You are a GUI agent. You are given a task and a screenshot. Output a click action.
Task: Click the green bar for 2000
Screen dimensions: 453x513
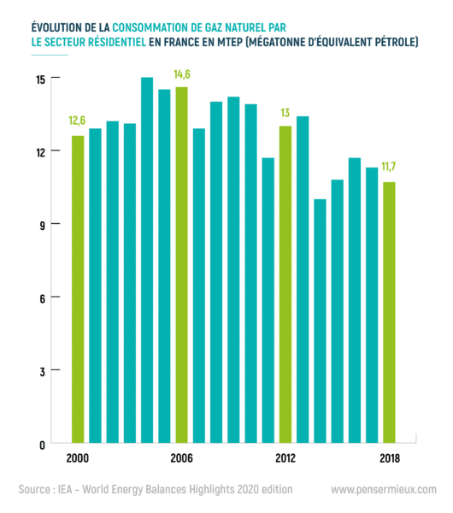point(78,289)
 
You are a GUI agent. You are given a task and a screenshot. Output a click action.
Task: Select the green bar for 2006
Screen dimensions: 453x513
point(181,265)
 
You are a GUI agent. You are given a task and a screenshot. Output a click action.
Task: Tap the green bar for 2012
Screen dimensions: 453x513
point(285,285)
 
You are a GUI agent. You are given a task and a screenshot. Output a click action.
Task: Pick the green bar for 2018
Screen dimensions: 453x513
point(389,312)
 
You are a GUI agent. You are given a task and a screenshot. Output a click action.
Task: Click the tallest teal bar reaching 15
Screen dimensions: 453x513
point(147,260)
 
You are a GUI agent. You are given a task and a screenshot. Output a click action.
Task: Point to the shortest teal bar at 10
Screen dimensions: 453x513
point(320,321)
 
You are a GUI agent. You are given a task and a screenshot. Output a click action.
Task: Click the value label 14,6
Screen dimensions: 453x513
point(182,74)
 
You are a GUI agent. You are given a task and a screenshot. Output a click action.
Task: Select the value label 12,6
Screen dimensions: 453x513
point(77,121)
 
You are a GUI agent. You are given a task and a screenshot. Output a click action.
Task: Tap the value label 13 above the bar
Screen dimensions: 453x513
point(285,113)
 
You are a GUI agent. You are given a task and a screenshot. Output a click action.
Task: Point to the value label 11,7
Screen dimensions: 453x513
point(389,167)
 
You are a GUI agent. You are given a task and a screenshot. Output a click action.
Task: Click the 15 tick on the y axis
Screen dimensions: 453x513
point(41,80)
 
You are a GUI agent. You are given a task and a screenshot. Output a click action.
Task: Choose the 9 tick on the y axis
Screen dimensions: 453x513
point(42,226)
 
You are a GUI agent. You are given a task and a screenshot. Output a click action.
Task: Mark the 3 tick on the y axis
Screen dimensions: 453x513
point(42,372)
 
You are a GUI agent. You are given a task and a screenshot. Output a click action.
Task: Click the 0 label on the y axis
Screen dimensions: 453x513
point(42,445)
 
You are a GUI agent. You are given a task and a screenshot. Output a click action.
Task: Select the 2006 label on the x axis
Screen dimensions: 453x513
point(181,458)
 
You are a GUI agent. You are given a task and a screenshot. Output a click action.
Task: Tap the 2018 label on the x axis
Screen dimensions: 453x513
point(390,458)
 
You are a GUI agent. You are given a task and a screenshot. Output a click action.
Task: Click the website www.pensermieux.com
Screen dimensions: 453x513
point(384,489)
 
